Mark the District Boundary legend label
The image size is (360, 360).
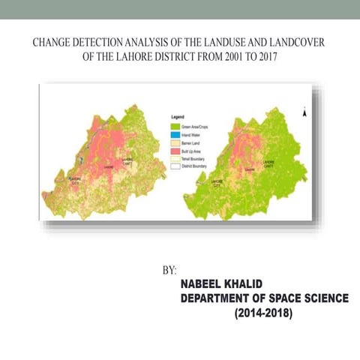point(197,166)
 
